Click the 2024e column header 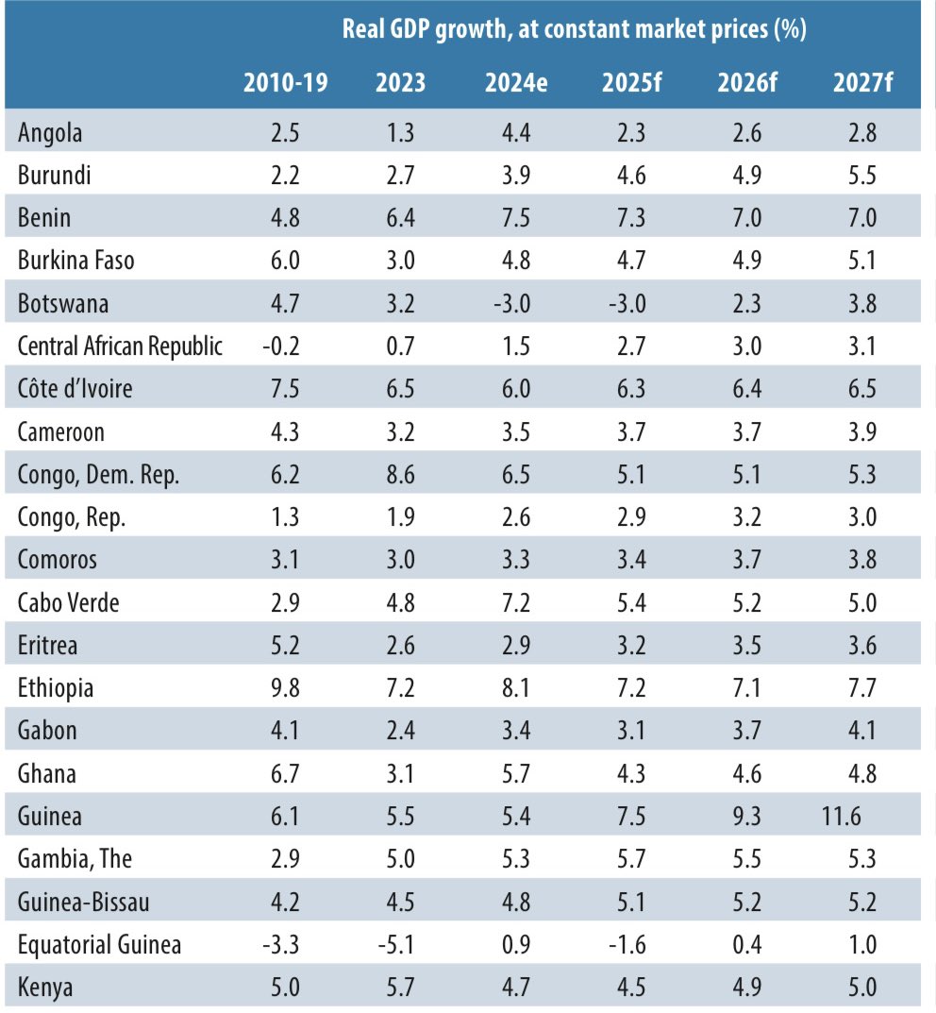(x=516, y=82)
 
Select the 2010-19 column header (x=285, y=82)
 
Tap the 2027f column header (x=862, y=82)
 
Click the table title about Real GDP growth (x=574, y=28)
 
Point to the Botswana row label (x=63, y=304)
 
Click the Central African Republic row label (x=121, y=346)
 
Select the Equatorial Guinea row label (x=100, y=944)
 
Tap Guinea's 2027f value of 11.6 (x=841, y=816)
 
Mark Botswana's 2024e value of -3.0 (x=512, y=304)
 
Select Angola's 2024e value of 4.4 (x=516, y=133)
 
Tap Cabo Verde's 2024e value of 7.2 (x=516, y=602)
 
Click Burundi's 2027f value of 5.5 (x=862, y=176)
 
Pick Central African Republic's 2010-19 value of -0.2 (x=281, y=346)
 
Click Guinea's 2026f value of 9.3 (x=746, y=816)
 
